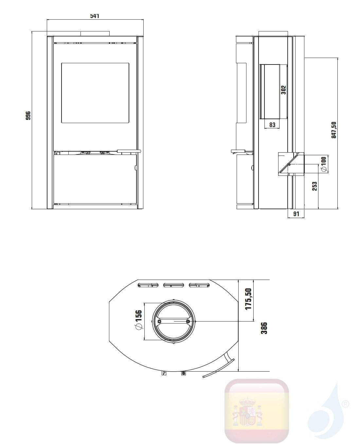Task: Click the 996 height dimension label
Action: point(28,116)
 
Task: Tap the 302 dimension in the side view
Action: point(283,90)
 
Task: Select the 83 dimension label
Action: point(272,125)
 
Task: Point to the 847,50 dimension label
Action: point(333,130)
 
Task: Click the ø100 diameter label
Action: point(323,164)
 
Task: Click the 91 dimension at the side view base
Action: point(296,214)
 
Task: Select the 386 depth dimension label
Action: point(264,328)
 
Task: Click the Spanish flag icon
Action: point(256,411)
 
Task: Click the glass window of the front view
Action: point(95,93)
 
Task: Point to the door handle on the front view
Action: point(129,151)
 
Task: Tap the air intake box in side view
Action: point(291,164)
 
